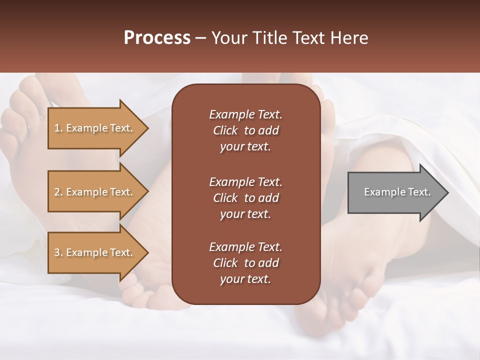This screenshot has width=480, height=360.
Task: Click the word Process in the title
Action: (x=157, y=37)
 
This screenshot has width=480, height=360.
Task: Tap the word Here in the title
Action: (x=349, y=37)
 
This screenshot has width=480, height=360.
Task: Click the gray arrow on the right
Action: (x=395, y=192)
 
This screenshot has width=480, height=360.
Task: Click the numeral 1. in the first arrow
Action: (x=58, y=128)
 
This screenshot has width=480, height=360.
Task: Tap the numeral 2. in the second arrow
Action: (x=58, y=192)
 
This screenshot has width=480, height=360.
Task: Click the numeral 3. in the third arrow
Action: (x=58, y=252)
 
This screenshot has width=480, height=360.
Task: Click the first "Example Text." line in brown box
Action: (x=245, y=114)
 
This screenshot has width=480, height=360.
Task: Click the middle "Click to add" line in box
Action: (x=245, y=198)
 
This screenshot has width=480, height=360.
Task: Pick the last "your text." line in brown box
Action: (x=245, y=279)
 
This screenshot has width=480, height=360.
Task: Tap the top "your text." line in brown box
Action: (x=245, y=147)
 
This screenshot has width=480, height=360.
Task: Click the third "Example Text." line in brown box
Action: (x=245, y=247)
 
